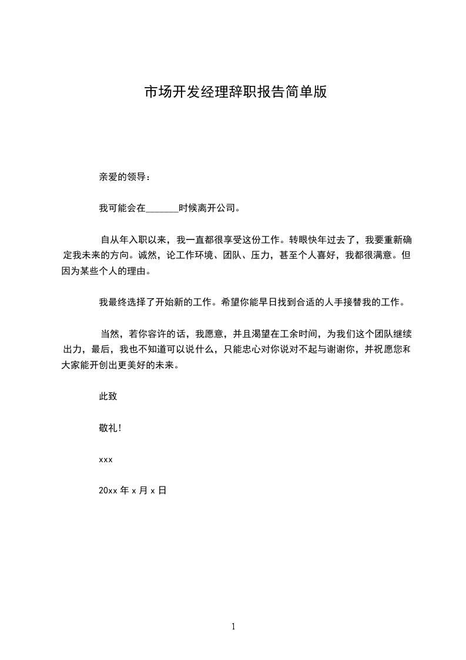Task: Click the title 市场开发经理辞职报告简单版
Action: click(235, 93)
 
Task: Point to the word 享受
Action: click(244, 240)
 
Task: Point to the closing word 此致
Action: click(108, 396)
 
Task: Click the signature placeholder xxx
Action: click(106, 459)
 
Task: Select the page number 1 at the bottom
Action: click(233, 627)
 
